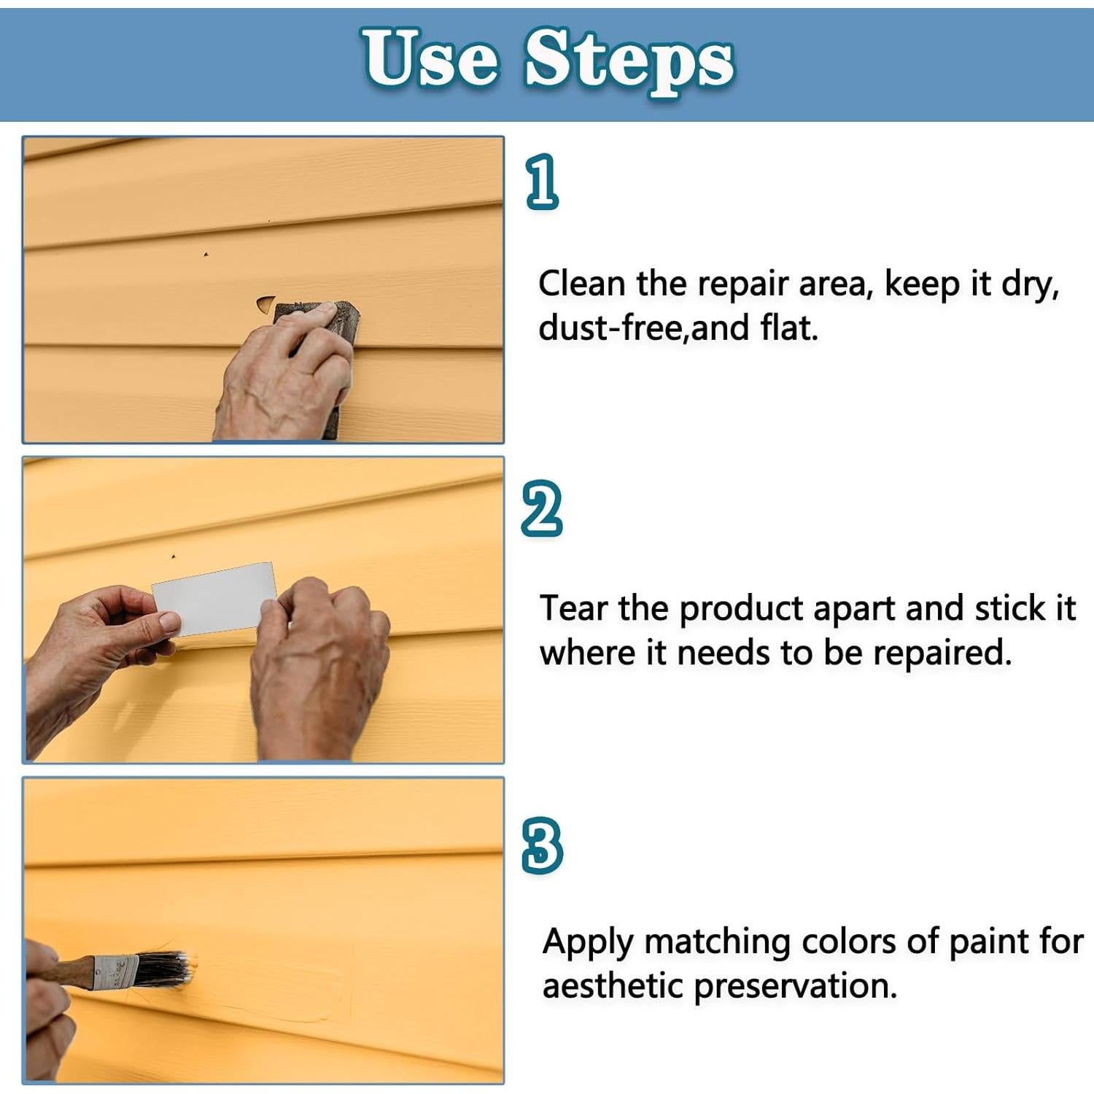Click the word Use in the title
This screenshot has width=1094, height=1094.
[430, 58]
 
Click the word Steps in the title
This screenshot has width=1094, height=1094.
[629, 63]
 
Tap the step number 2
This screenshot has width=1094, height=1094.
[542, 508]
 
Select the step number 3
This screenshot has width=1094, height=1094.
[543, 845]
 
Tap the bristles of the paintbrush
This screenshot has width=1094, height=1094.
[163, 969]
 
